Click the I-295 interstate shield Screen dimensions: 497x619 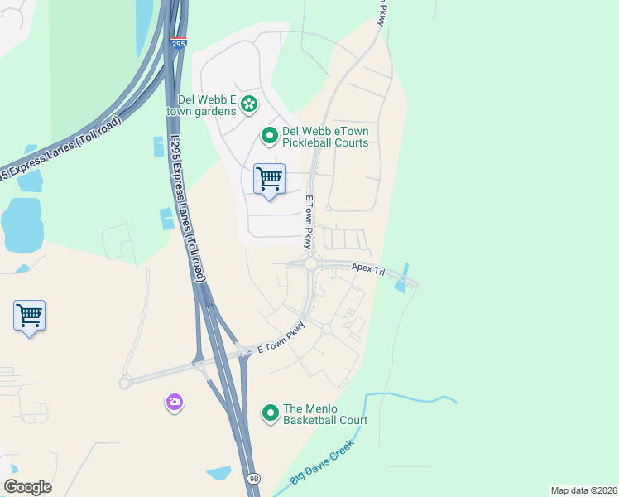180,43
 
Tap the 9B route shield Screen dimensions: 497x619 253,479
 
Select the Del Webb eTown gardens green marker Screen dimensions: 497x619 249,104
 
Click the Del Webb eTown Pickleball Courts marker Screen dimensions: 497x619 269,133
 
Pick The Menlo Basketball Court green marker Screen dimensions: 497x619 270,412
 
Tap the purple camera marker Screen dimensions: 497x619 174,403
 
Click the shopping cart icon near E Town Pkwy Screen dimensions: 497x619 269,179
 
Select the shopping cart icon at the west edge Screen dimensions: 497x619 29,316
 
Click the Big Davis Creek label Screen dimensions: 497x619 322,462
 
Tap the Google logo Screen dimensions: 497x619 27,487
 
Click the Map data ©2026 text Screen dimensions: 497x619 583,490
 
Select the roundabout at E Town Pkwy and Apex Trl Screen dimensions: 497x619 310,264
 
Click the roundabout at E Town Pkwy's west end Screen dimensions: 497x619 125,383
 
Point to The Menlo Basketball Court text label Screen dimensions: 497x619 324,414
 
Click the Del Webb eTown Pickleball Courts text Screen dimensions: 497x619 325,137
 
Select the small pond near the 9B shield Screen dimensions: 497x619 219,473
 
